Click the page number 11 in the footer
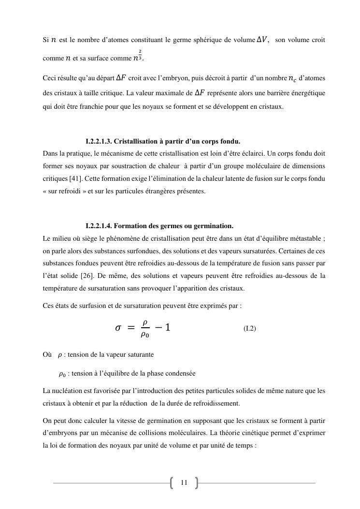(184, 482)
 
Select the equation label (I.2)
(250, 329)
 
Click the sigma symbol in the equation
(118, 328)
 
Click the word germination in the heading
(215, 226)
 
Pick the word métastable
(301, 238)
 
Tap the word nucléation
(66, 391)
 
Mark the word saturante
(140, 355)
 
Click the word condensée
(181, 374)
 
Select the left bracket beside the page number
(173, 482)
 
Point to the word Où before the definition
(47, 355)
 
